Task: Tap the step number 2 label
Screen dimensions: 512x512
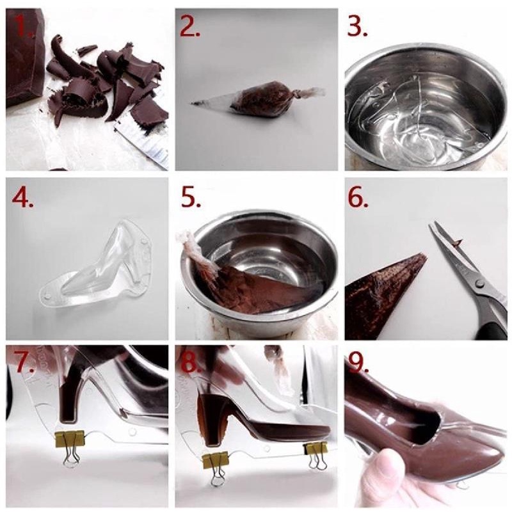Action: pos(193,27)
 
